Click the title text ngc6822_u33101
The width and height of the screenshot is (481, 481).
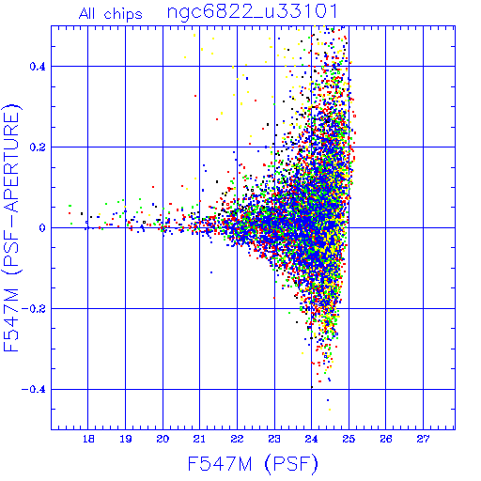pyautogui.click(x=252, y=12)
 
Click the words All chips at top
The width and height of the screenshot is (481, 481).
pyautogui.click(x=110, y=14)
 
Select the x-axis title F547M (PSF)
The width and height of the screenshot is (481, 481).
pyautogui.click(x=253, y=463)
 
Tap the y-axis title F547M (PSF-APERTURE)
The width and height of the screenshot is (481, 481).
pyautogui.click(x=11, y=227)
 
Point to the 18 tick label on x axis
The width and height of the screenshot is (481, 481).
pyautogui.click(x=88, y=439)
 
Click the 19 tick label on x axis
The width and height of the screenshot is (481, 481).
pyautogui.click(x=126, y=439)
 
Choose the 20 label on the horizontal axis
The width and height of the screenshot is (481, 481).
pyautogui.click(x=163, y=439)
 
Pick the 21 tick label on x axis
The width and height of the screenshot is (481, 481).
pyautogui.click(x=200, y=439)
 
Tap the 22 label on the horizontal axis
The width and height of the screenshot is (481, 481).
pyautogui.click(x=237, y=439)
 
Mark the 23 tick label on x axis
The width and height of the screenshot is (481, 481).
pyautogui.click(x=274, y=439)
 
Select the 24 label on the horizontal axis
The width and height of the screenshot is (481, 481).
pyautogui.click(x=312, y=439)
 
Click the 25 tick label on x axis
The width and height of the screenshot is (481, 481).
pyautogui.click(x=349, y=439)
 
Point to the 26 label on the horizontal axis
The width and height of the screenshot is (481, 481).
pyautogui.click(x=386, y=439)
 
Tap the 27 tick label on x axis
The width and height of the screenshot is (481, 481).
pyautogui.click(x=423, y=439)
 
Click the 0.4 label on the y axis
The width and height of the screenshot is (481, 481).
pyautogui.click(x=38, y=67)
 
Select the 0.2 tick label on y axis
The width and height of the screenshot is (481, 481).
pyautogui.click(x=38, y=147)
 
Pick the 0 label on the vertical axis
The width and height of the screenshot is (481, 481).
pyautogui.click(x=42, y=228)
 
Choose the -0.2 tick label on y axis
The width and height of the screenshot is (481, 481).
pyautogui.click(x=34, y=309)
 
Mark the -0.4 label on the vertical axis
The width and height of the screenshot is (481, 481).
pyautogui.click(x=34, y=390)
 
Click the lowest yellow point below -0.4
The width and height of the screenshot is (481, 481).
pyautogui.click(x=330, y=410)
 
